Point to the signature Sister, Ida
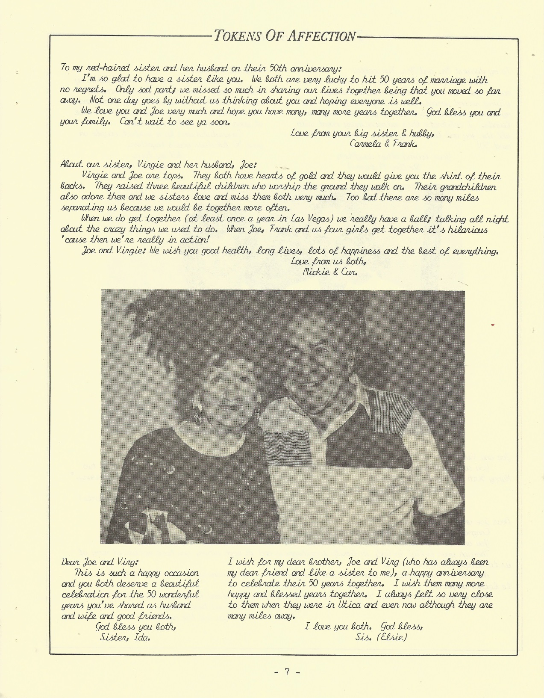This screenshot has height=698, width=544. [x=125, y=636]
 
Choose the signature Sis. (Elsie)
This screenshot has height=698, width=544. [x=381, y=637]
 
